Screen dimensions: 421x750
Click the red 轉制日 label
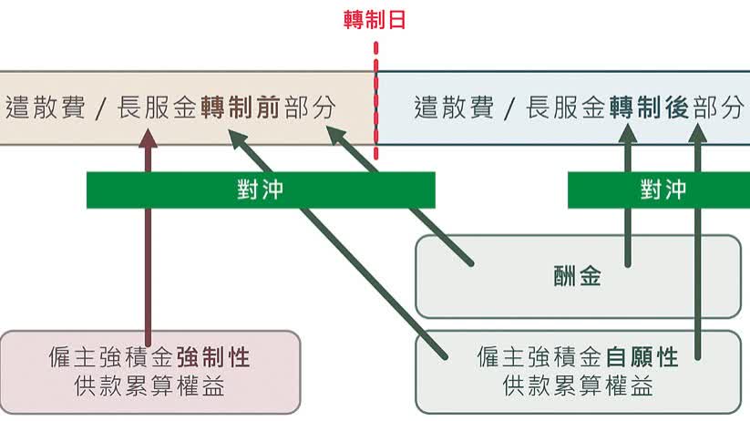(x=375, y=20)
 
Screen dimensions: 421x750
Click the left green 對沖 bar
(x=261, y=190)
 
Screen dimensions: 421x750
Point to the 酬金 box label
(x=578, y=277)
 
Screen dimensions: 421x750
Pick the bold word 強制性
(x=213, y=357)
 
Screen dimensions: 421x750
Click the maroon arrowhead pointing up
(x=148, y=138)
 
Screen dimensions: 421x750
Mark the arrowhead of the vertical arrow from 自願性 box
(x=697, y=133)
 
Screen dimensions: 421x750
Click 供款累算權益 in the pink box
(x=149, y=386)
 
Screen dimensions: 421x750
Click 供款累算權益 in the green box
(x=578, y=386)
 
